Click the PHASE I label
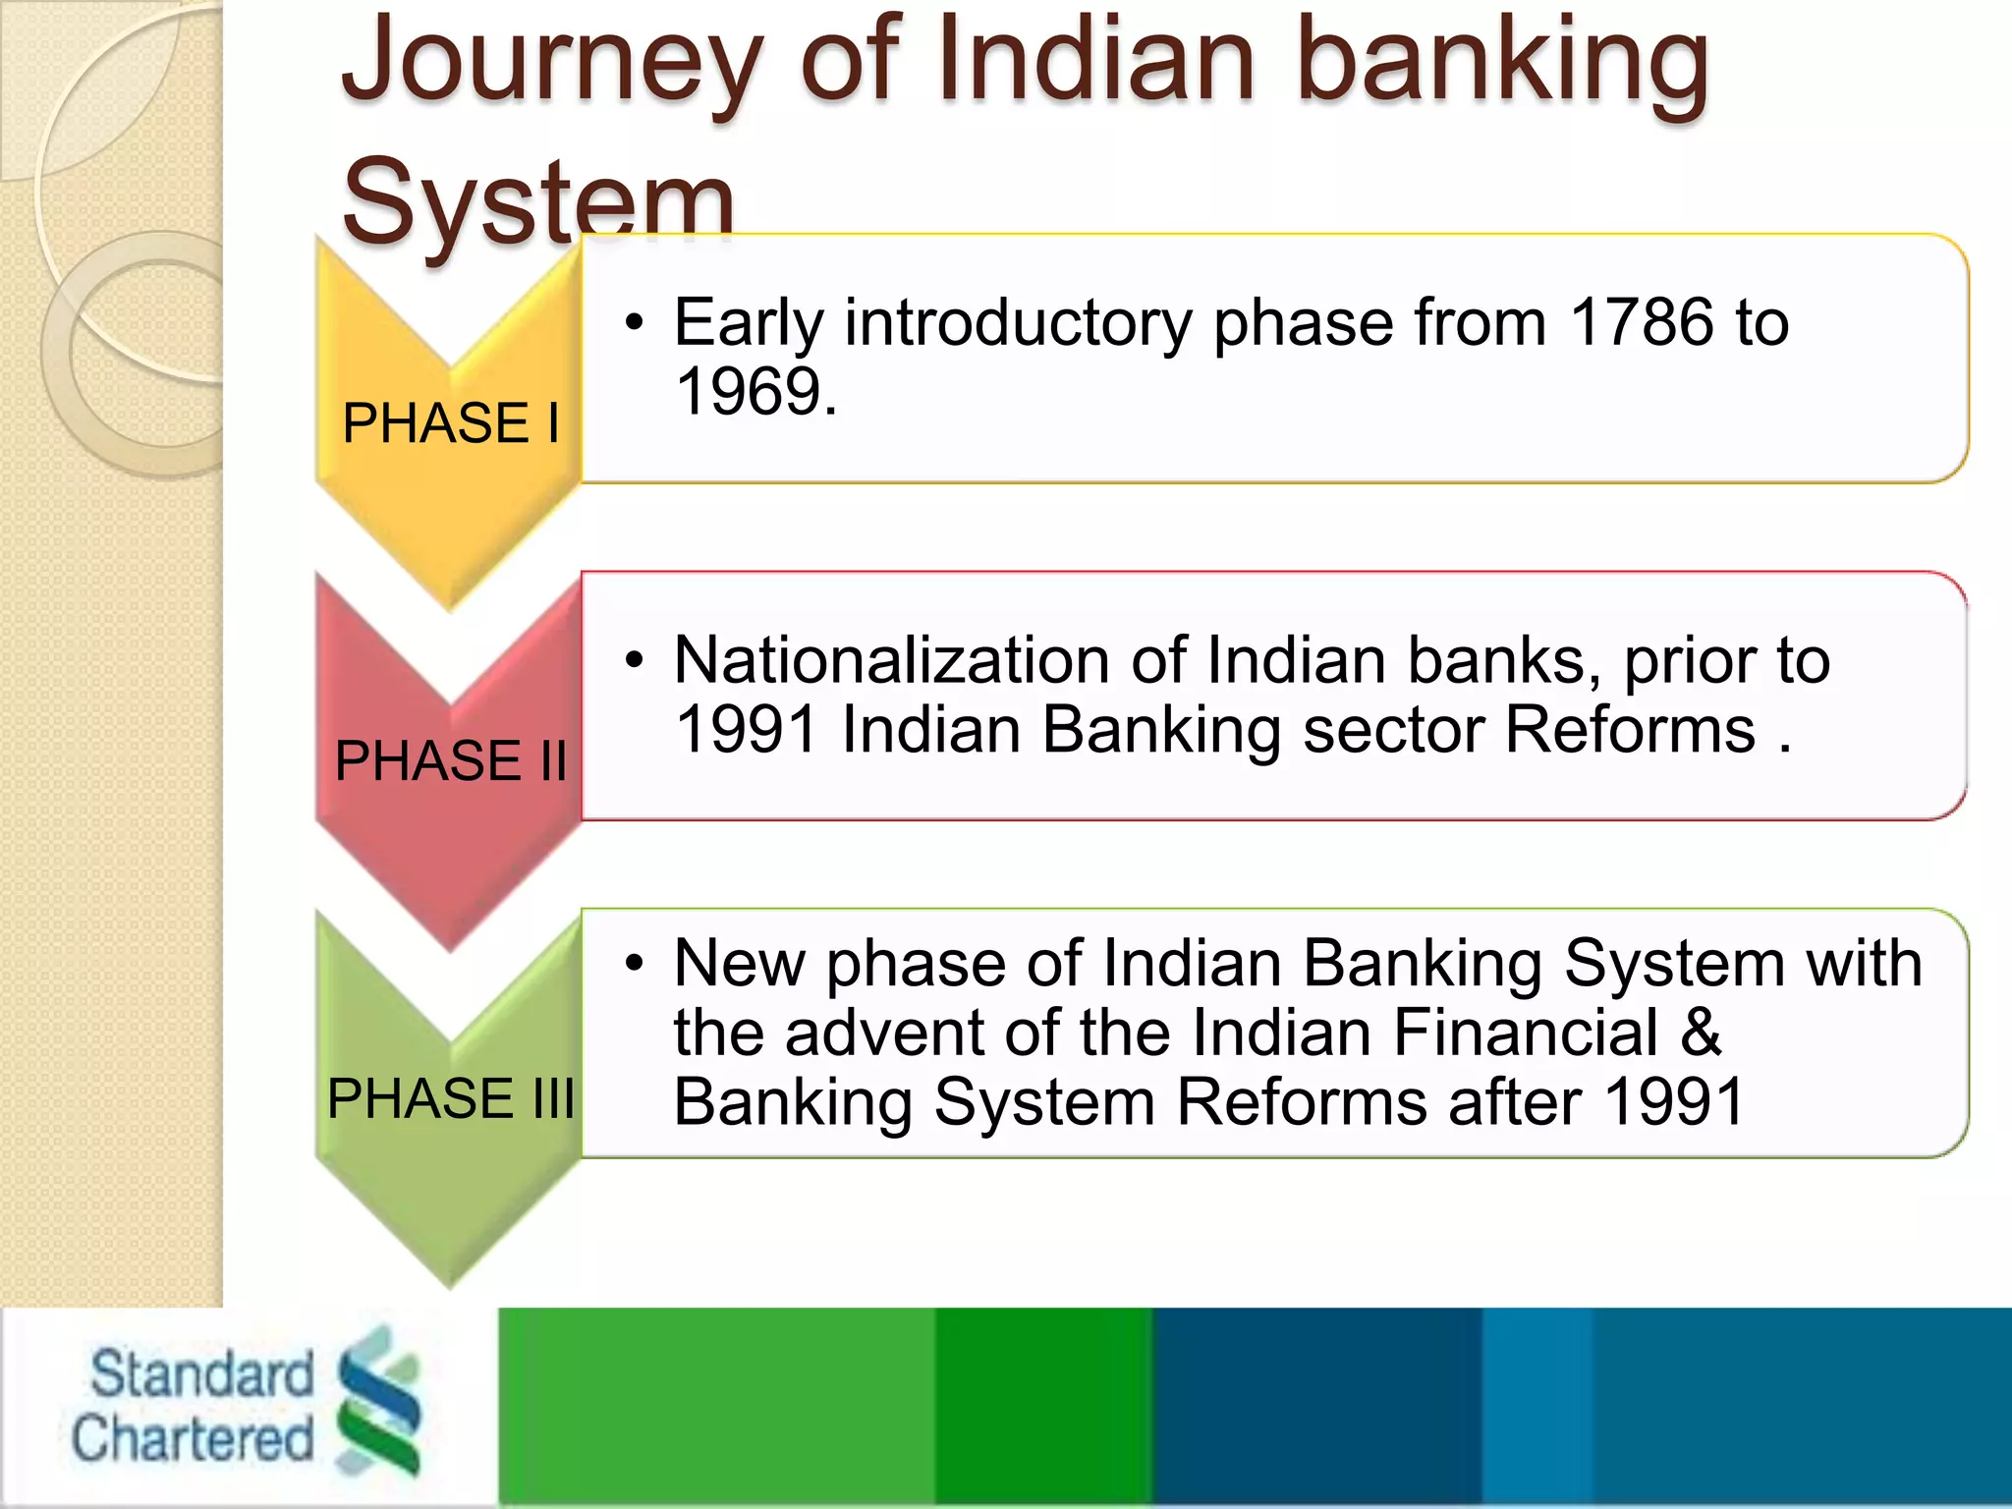[x=451, y=424]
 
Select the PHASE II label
[x=451, y=761]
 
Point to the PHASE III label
[x=451, y=1098]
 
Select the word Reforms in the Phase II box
[x=1630, y=730]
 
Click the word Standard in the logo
[x=201, y=1373]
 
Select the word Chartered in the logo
[x=193, y=1439]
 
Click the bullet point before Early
[x=635, y=323]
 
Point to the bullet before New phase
[x=635, y=964]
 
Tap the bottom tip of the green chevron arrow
[x=450, y=1285]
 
